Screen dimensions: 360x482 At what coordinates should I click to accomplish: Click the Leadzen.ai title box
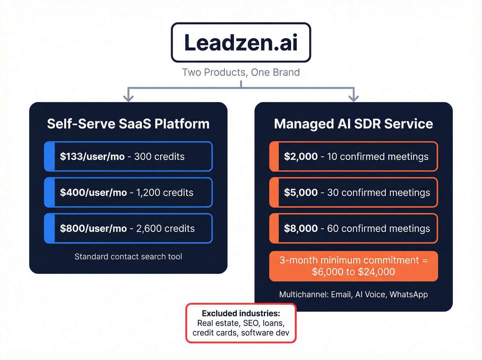[x=241, y=42]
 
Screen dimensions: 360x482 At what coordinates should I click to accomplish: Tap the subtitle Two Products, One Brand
[x=241, y=72]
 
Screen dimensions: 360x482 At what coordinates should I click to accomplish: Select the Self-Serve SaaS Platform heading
[x=128, y=124]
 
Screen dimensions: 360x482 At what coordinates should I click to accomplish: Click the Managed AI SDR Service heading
[x=353, y=124]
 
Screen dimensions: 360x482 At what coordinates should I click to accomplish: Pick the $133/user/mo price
[x=92, y=156]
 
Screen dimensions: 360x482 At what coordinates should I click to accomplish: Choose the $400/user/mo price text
[x=93, y=193]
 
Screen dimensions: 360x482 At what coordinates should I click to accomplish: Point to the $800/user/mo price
[x=93, y=228]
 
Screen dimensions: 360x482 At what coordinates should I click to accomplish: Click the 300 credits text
[x=159, y=156]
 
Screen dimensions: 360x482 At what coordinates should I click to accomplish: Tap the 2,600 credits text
[x=165, y=228]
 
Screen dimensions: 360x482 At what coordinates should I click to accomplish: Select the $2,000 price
[x=301, y=156]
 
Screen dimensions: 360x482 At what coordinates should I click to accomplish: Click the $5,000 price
[x=301, y=193]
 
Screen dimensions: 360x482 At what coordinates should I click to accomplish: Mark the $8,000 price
[x=301, y=228]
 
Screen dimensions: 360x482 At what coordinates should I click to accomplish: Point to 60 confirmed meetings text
[x=378, y=228]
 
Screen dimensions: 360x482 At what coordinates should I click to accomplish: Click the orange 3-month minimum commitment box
[x=353, y=266]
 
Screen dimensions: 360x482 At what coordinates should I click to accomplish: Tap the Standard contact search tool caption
[x=128, y=257]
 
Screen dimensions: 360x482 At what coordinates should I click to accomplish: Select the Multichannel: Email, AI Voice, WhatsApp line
[x=353, y=295]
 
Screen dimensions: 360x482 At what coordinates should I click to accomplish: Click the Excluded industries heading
[x=241, y=313]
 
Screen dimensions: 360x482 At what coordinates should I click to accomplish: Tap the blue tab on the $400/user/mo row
[x=50, y=193]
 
